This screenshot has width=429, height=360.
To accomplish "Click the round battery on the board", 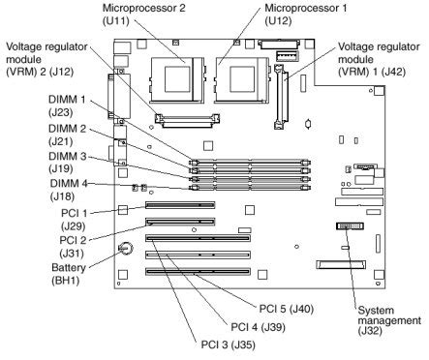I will coord(126,249).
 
